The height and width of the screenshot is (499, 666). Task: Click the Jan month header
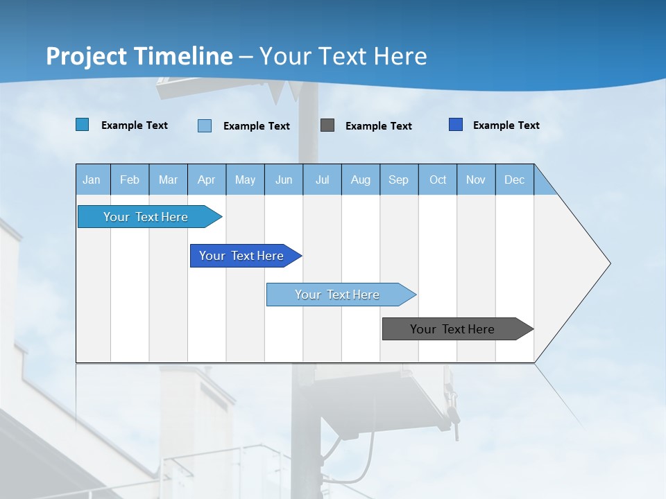tap(92, 180)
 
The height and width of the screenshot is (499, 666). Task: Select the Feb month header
tap(130, 180)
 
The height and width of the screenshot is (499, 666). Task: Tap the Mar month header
tap(168, 180)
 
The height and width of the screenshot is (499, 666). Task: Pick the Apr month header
tap(207, 180)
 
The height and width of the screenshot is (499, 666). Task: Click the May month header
tap(245, 180)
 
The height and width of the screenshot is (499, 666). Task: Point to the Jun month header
tap(284, 180)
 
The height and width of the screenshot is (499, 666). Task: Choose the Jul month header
tap(322, 180)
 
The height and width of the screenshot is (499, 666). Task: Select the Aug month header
tap(361, 180)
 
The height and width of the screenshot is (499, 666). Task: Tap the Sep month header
tap(399, 180)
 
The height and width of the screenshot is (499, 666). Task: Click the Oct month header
tap(438, 180)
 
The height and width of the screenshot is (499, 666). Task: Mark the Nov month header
tap(476, 180)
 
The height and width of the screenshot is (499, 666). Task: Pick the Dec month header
tap(515, 180)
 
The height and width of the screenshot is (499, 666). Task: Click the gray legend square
tap(327, 125)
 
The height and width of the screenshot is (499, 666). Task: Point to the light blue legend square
tap(205, 125)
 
